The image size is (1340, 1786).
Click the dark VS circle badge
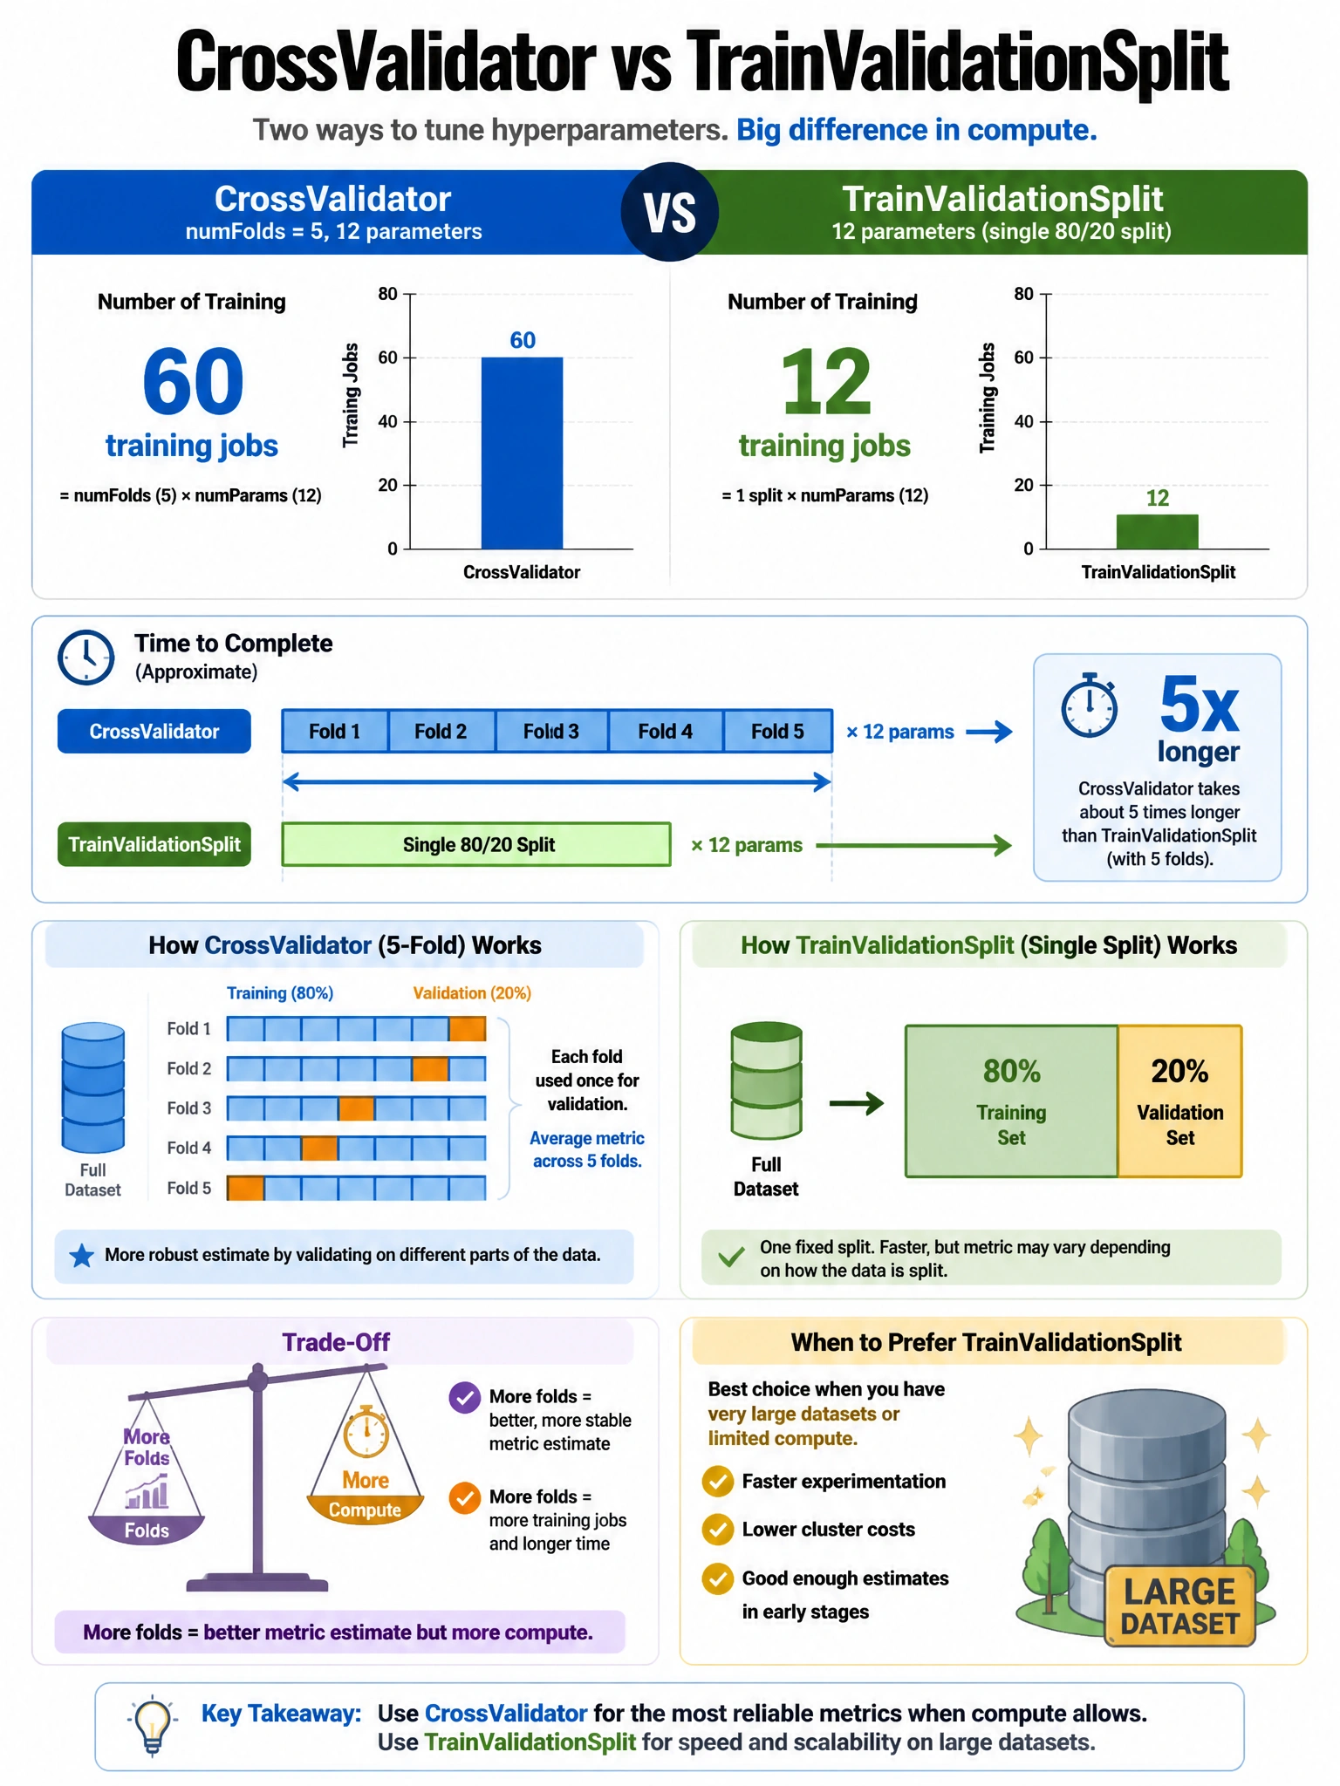click(670, 212)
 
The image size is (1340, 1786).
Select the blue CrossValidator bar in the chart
click(522, 453)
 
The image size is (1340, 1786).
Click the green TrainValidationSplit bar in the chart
click(1157, 531)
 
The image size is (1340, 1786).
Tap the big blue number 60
click(193, 382)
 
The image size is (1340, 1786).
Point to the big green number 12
click(825, 382)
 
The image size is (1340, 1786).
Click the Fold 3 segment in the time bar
click(551, 731)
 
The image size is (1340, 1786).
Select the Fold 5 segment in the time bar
click(777, 731)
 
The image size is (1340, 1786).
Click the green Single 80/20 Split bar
click(476, 844)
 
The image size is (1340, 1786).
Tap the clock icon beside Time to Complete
click(85, 658)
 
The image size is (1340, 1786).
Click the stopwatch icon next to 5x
click(1089, 705)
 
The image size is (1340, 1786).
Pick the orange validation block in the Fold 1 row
click(467, 1029)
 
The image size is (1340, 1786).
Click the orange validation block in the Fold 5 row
click(246, 1188)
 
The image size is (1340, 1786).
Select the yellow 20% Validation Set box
click(1179, 1101)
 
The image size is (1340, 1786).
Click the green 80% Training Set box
click(1011, 1101)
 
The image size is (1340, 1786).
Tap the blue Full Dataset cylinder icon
click(92, 1087)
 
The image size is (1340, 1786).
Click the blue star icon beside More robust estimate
click(82, 1256)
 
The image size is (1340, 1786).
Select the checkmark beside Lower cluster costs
click(718, 1530)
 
